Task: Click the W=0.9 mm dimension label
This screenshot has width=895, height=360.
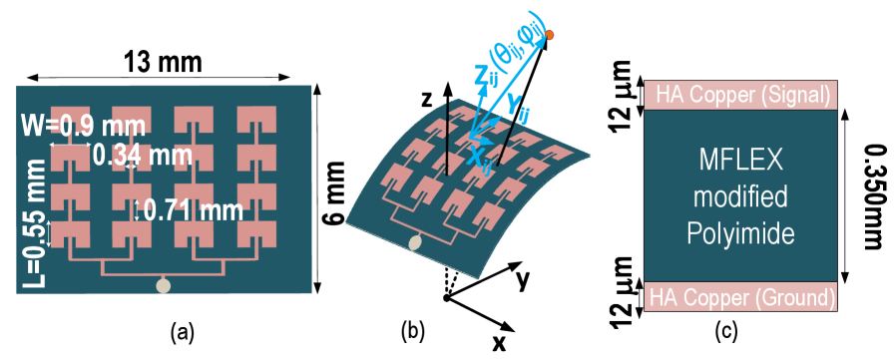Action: (x=83, y=127)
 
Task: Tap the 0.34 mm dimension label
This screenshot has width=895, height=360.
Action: (x=142, y=156)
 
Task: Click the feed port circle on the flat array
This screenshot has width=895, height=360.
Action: (x=164, y=286)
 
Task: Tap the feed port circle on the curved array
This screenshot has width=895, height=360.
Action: (x=415, y=243)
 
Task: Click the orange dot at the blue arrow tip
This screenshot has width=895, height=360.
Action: (x=550, y=35)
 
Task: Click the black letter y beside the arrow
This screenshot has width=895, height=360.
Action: (x=521, y=280)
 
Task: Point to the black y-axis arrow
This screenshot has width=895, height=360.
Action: (x=504, y=272)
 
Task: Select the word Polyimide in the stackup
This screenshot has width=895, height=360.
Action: (x=739, y=235)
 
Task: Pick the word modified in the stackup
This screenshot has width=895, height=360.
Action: (x=739, y=196)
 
